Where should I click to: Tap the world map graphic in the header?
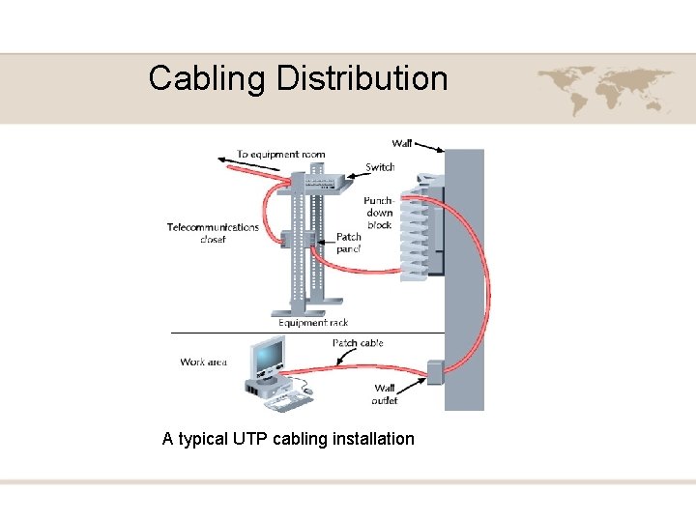(605, 89)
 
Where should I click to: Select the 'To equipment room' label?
(280, 155)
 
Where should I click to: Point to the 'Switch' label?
(380, 167)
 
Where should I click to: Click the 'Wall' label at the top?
(402, 144)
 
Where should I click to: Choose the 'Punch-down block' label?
(379, 212)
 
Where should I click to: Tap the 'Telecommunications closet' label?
(213, 233)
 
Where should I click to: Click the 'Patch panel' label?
(348, 243)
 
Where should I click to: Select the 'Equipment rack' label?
(313, 323)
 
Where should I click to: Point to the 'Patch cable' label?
(358, 343)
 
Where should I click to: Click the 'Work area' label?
(203, 362)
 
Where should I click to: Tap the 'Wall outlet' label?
(385, 394)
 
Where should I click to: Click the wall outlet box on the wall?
(433, 371)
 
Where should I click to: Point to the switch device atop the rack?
(309, 181)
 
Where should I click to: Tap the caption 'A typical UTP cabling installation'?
(288, 439)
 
